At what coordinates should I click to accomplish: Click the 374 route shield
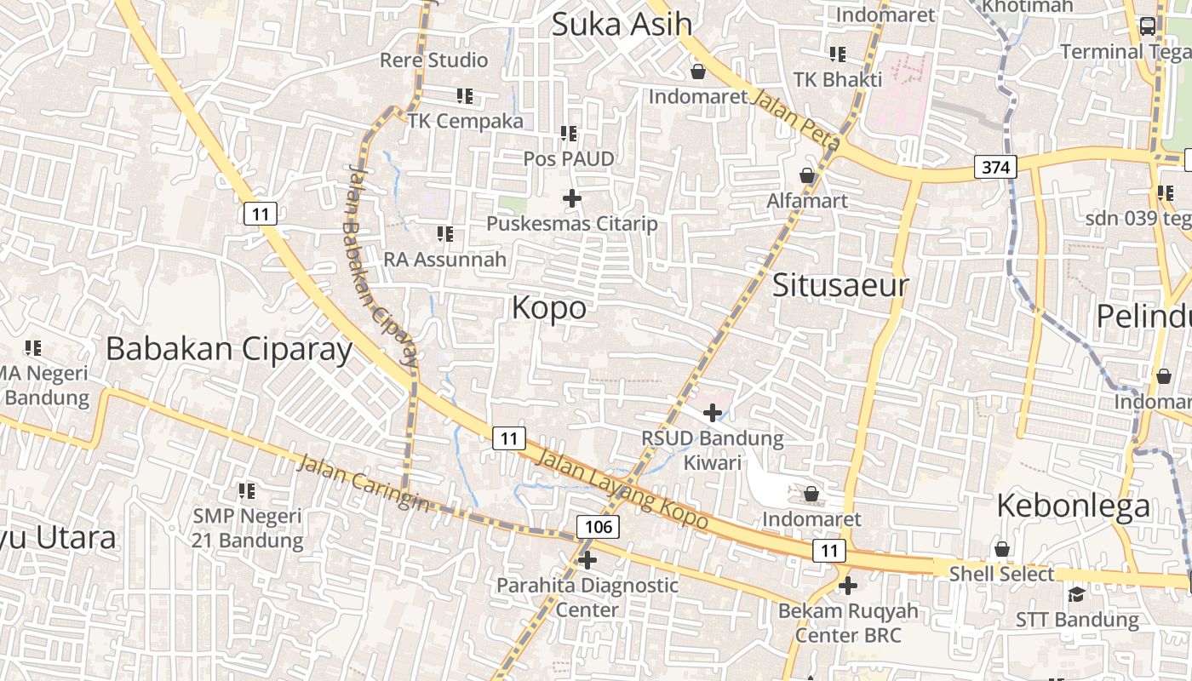pyautogui.click(x=995, y=167)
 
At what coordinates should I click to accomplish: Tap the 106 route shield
pyautogui.click(x=599, y=527)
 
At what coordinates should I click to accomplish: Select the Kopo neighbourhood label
pyautogui.click(x=549, y=307)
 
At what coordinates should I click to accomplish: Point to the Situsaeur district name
pyautogui.click(x=840, y=285)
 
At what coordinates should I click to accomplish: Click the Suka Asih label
pyautogui.click(x=622, y=24)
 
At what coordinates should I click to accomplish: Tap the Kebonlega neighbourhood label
pyautogui.click(x=1073, y=506)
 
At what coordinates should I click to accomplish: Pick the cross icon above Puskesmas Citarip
pyautogui.click(x=572, y=199)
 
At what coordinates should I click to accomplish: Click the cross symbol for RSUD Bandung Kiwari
pyautogui.click(x=712, y=414)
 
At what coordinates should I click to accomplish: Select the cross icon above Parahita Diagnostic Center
pyautogui.click(x=587, y=560)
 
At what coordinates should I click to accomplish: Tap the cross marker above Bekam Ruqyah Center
pyautogui.click(x=847, y=586)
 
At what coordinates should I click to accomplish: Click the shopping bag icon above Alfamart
pyautogui.click(x=807, y=176)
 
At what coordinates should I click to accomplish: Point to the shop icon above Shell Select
pyautogui.click(x=1002, y=549)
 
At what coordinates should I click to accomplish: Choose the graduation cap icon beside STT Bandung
pyautogui.click(x=1076, y=594)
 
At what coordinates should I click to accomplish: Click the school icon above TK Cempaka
pyautogui.click(x=465, y=96)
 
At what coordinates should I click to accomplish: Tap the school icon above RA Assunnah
pyautogui.click(x=444, y=233)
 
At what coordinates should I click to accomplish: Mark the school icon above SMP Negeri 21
pyautogui.click(x=247, y=490)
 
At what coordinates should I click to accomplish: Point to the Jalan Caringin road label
pyautogui.click(x=364, y=484)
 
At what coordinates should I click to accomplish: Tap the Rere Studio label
pyautogui.click(x=433, y=60)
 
